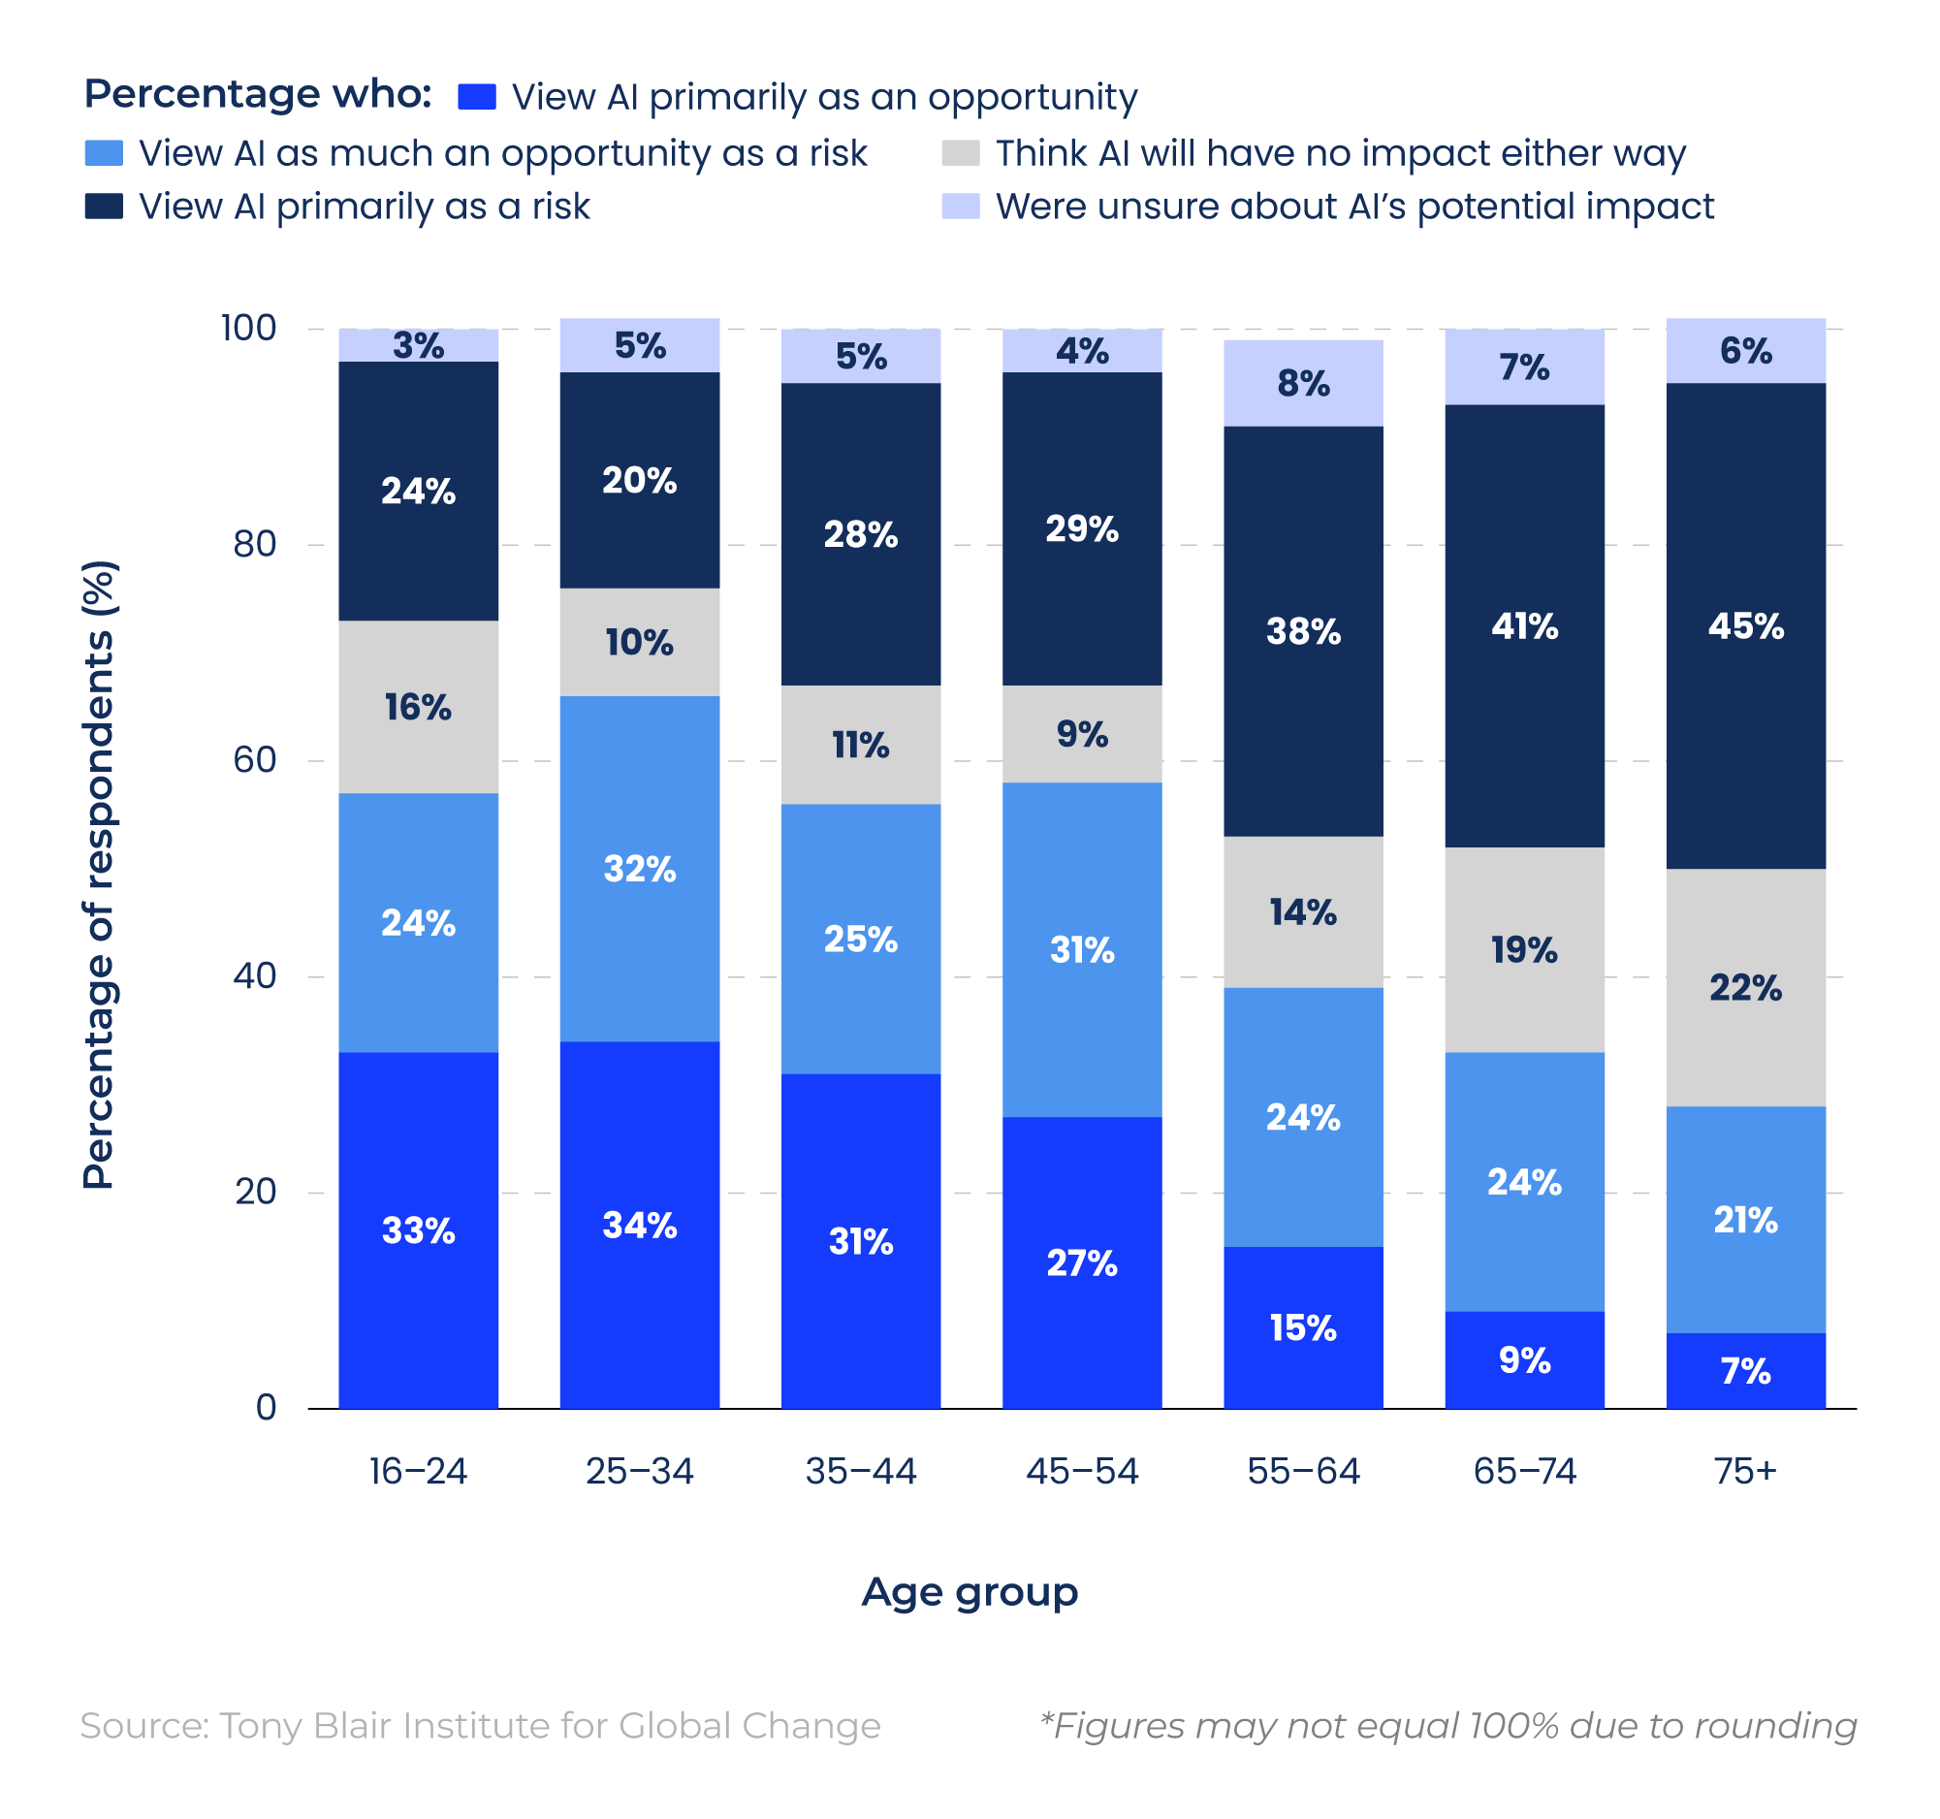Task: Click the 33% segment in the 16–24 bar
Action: click(x=418, y=1229)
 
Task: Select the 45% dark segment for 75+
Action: click(x=1745, y=625)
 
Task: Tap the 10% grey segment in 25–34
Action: click(x=639, y=642)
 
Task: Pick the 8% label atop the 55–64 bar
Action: click(x=1303, y=384)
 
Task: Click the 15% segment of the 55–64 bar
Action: click(x=1303, y=1327)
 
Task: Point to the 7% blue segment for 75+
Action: click(x=1745, y=1370)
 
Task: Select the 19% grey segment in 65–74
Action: click(x=1523, y=949)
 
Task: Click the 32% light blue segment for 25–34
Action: click(x=639, y=869)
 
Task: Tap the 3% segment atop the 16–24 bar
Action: click(x=418, y=345)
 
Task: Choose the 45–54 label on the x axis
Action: click(x=1081, y=1471)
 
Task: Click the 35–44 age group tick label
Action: click(x=861, y=1471)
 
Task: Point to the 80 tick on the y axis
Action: click(x=255, y=545)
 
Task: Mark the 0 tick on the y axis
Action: click(x=266, y=1407)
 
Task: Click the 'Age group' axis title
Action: click(x=969, y=1592)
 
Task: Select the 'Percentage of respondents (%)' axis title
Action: click(x=99, y=875)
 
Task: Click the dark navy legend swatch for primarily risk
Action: click(x=104, y=206)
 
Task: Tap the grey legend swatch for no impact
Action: click(x=960, y=153)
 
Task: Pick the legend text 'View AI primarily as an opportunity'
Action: click(x=825, y=97)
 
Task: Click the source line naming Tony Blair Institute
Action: click(x=480, y=1725)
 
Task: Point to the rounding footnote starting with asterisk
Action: click(x=1448, y=1725)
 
